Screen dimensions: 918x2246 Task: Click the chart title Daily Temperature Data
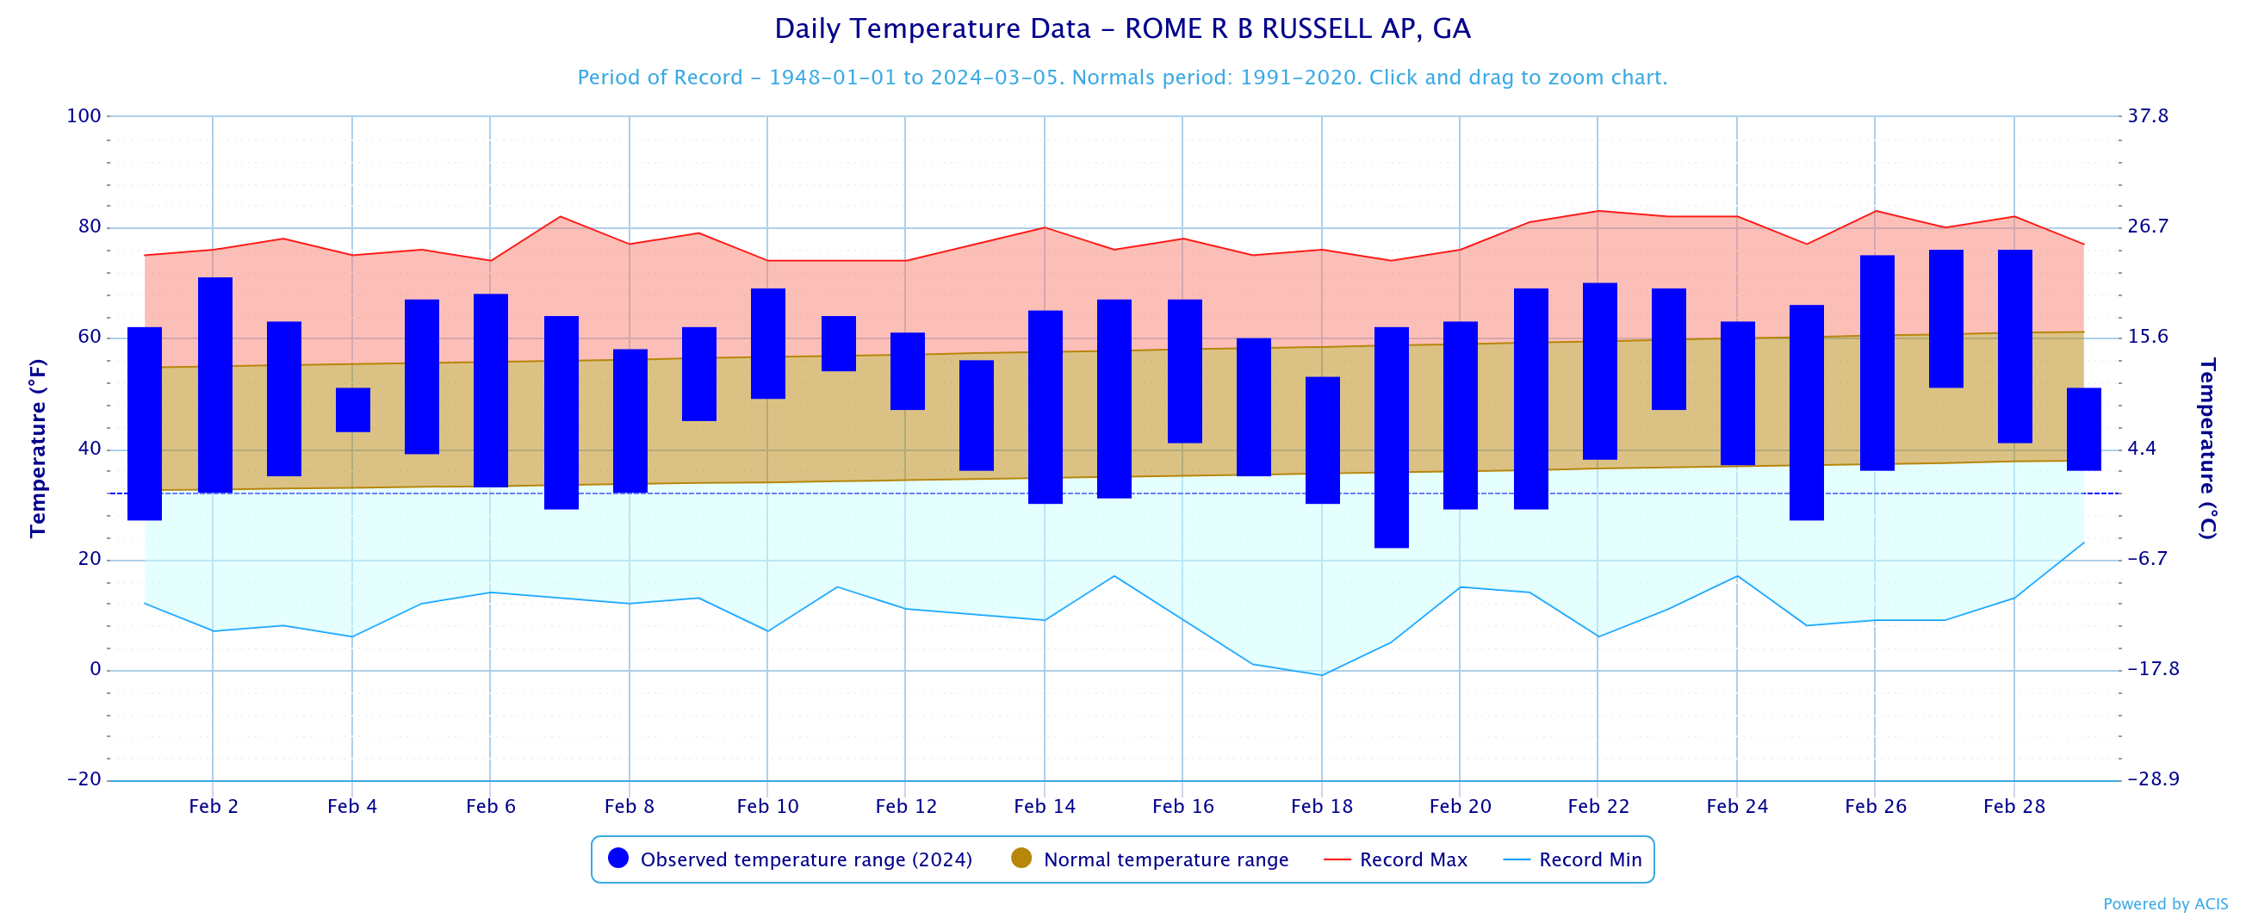[x=1122, y=28]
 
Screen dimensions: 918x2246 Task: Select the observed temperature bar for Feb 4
[x=353, y=410]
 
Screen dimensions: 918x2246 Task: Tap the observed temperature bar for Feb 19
[x=1391, y=437]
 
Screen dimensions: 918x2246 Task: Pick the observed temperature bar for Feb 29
[x=2083, y=429]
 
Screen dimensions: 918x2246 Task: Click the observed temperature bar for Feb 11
[x=838, y=344]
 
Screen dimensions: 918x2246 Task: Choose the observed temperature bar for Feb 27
[x=1945, y=319]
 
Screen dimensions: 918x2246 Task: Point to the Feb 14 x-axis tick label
[x=1044, y=806]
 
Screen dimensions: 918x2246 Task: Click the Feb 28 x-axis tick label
[x=2013, y=806]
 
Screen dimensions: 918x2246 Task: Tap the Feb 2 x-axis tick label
[x=214, y=806]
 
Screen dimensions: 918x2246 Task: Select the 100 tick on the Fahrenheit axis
[x=84, y=116]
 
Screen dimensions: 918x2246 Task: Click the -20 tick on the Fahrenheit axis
[x=84, y=779]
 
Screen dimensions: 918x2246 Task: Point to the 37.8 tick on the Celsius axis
[x=2148, y=116]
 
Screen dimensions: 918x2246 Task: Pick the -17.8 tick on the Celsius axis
[x=2153, y=669]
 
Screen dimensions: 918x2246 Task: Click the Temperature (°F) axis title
[x=38, y=448]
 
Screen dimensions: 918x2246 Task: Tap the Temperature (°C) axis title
[x=2206, y=448]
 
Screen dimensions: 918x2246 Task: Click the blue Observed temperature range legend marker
[x=618, y=859]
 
